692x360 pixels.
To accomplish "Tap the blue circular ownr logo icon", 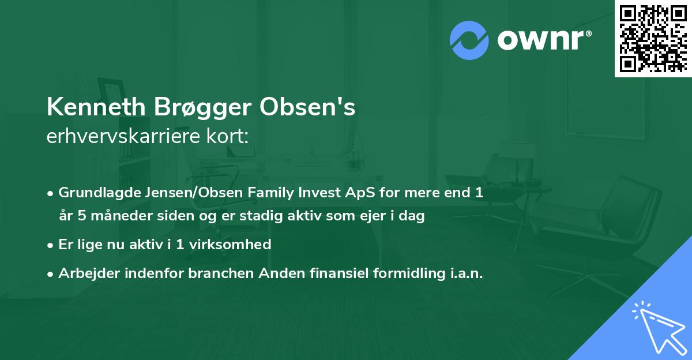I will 469,40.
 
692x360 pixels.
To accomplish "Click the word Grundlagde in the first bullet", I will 93,193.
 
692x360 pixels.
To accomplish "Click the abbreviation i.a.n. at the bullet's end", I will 465,273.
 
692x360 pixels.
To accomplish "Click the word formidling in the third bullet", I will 404,273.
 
